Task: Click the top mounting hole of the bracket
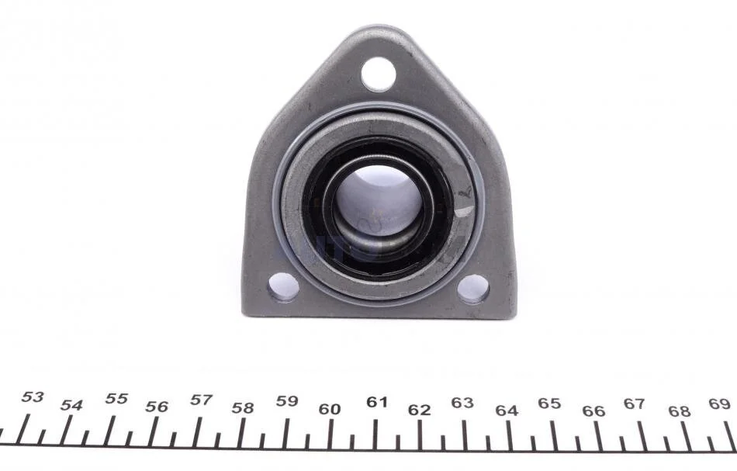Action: pos(379,74)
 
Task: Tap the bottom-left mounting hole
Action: pos(283,287)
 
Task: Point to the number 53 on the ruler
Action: pos(33,397)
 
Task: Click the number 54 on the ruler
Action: pos(71,405)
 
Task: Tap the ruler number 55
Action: pos(116,399)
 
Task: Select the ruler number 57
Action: pos(201,400)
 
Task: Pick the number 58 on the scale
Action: pos(243,408)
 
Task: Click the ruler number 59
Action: pos(287,401)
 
